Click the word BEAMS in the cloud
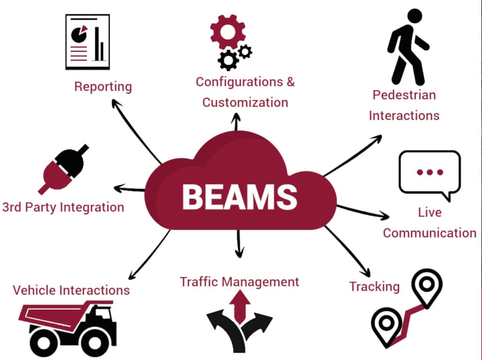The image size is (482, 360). tap(240, 197)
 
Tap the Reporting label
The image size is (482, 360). tap(103, 87)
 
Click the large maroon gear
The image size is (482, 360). tap(227, 32)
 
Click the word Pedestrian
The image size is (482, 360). tap(404, 95)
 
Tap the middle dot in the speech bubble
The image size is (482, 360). tap(429, 172)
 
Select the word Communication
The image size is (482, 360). tap(429, 233)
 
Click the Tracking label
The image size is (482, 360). tap(374, 287)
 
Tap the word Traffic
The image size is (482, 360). tap(199, 282)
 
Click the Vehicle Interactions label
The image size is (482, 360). tap(71, 290)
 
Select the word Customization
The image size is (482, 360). tap(245, 102)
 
